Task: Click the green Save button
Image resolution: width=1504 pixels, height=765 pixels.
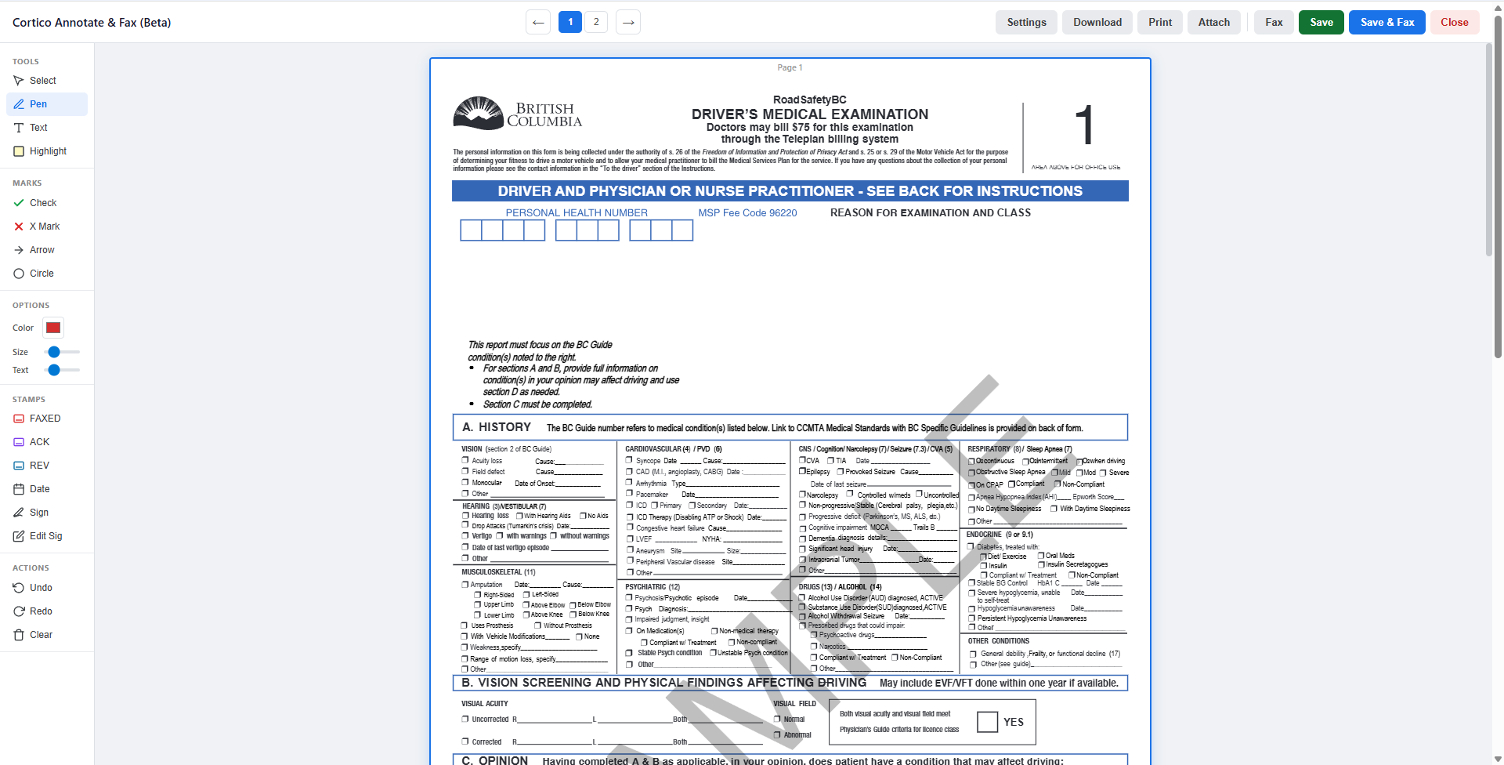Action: coord(1321,23)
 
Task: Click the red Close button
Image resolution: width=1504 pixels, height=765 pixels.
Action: coord(1454,23)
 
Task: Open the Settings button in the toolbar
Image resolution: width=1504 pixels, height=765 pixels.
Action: coord(1026,23)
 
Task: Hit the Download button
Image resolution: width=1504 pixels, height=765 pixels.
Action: coord(1097,23)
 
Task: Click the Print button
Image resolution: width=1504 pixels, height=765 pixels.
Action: coord(1160,23)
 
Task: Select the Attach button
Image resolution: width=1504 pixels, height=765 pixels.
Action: coord(1213,23)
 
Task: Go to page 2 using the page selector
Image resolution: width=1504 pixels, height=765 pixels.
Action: coord(596,22)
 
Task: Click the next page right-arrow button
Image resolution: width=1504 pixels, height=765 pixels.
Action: coord(628,22)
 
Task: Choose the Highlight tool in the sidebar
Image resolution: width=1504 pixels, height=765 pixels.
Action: coord(47,151)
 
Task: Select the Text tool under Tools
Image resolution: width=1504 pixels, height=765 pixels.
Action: coord(38,128)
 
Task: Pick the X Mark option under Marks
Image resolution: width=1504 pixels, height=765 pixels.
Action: coord(44,227)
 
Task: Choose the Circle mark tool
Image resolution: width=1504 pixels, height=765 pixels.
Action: coord(42,274)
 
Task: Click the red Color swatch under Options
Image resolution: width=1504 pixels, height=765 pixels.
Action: coord(53,328)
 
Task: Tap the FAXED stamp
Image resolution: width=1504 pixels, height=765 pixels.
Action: coord(45,419)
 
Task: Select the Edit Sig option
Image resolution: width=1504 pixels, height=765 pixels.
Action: coord(45,536)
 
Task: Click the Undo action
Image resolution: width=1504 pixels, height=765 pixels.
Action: coord(41,588)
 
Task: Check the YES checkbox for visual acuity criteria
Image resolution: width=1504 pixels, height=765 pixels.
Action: coord(988,722)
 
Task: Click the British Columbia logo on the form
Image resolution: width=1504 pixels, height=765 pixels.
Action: coord(517,114)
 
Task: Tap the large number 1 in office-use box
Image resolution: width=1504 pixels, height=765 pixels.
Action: coord(1083,125)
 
